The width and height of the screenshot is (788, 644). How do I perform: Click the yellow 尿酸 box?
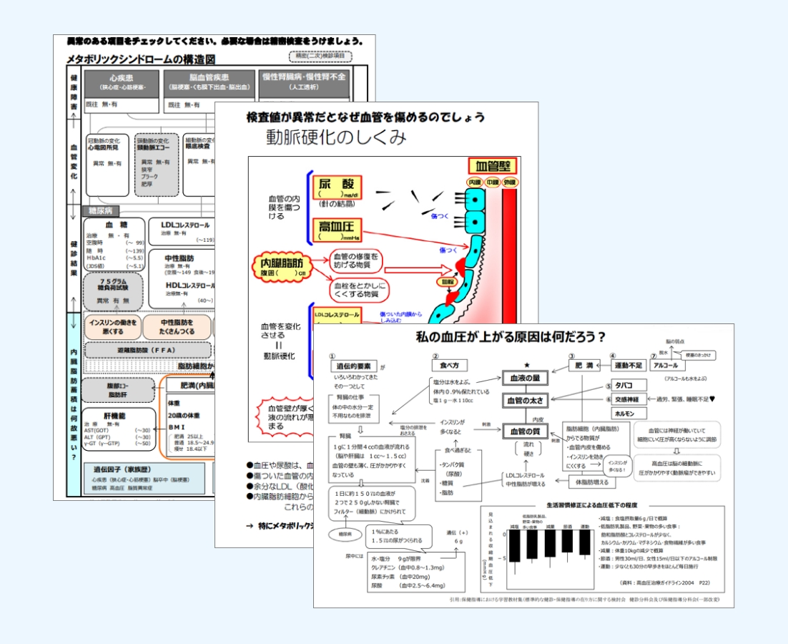click(x=335, y=189)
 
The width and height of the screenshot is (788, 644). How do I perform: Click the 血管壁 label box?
click(x=491, y=167)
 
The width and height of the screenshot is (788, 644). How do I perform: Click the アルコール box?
click(x=670, y=366)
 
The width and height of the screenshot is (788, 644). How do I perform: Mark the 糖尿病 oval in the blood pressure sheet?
click(x=345, y=534)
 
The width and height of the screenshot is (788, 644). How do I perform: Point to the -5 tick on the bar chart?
click(x=502, y=559)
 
